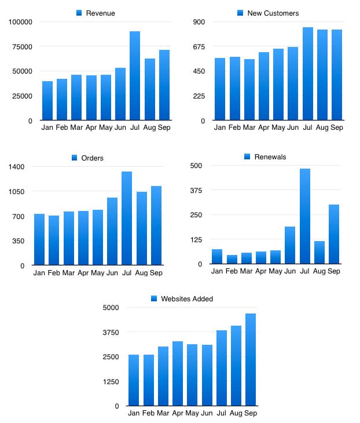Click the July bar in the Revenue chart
tap(135, 76)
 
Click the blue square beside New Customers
tap(241, 13)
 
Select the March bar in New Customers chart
tap(249, 90)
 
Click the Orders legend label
tap(93, 158)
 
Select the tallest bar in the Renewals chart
tap(304, 216)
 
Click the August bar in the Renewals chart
tap(319, 253)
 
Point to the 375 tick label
tap(197, 190)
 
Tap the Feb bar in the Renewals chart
tap(232, 260)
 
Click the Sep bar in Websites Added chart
tap(251, 360)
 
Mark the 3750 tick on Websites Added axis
tap(110, 332)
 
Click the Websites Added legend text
tap(187, 299)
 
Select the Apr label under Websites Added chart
tap(178, 413)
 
